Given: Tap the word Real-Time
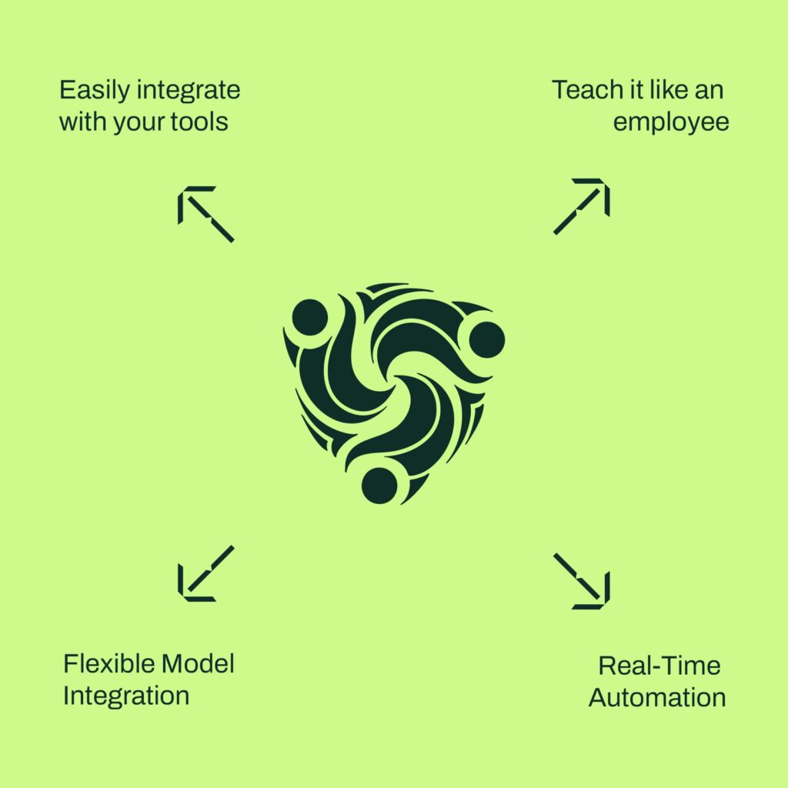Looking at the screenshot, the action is pos(659,666).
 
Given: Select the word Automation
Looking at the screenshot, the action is pos(657,698).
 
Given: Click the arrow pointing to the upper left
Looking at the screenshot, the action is pos(206,215).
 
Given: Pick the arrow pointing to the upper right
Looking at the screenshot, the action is pos(582,206).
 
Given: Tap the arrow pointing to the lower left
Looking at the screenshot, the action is pos(206,573).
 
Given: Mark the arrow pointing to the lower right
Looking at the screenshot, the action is pos(582,582).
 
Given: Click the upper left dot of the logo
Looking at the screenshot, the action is pos(309,318).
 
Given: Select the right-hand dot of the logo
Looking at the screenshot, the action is pos(486,340).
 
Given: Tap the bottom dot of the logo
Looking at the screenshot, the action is pos(379,486).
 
